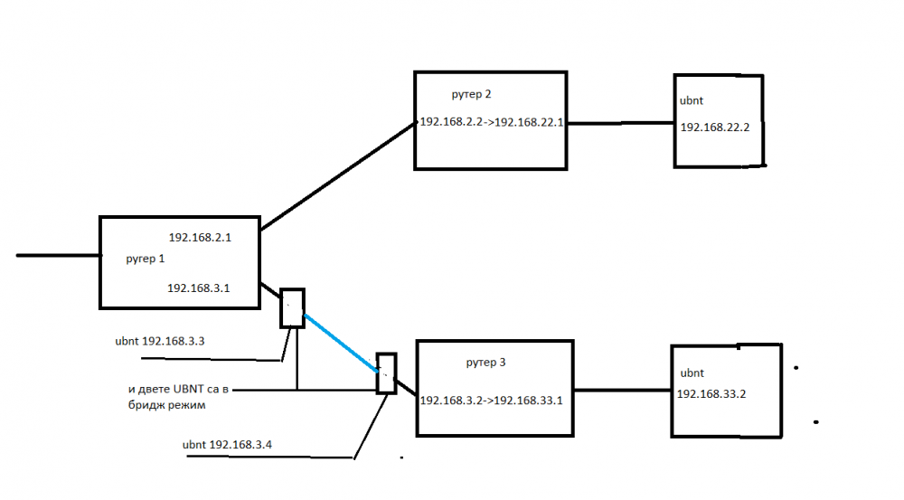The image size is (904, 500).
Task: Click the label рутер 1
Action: [x=145, y=259]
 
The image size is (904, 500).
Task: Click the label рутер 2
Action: [x=471, y=94]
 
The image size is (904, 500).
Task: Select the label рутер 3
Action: [x=485, y=363]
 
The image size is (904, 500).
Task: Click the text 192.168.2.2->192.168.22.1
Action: [x=492, y=122]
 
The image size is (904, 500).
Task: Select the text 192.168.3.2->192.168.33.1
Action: [x=492, y=400]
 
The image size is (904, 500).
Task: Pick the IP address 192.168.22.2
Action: [x=715, y=128]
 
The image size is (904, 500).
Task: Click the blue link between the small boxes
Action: [x=340, y=342]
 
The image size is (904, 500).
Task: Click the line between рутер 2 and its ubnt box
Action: [x=620, y=122]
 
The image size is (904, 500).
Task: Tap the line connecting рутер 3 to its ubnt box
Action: [x=622, y=390]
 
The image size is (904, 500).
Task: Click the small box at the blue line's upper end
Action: [x=292, y=308]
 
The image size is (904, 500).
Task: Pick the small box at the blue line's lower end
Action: [x=387, y=372]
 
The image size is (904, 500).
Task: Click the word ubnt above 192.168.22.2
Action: [x=692, y=101]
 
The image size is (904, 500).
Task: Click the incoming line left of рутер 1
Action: [x=58, y=256]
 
